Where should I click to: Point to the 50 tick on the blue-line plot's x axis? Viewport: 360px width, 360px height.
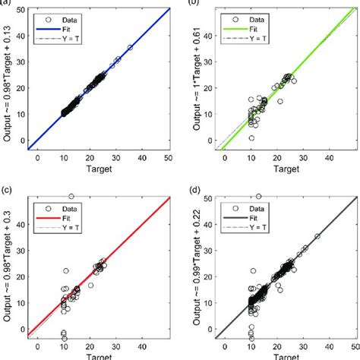point(169,157)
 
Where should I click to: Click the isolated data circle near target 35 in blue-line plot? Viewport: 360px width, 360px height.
point(130,47)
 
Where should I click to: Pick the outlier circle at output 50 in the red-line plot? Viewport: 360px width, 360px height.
point(71,196)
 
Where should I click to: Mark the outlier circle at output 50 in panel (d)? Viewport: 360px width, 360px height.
point(259,196)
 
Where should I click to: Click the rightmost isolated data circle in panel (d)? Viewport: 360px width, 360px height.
point(317,236)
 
